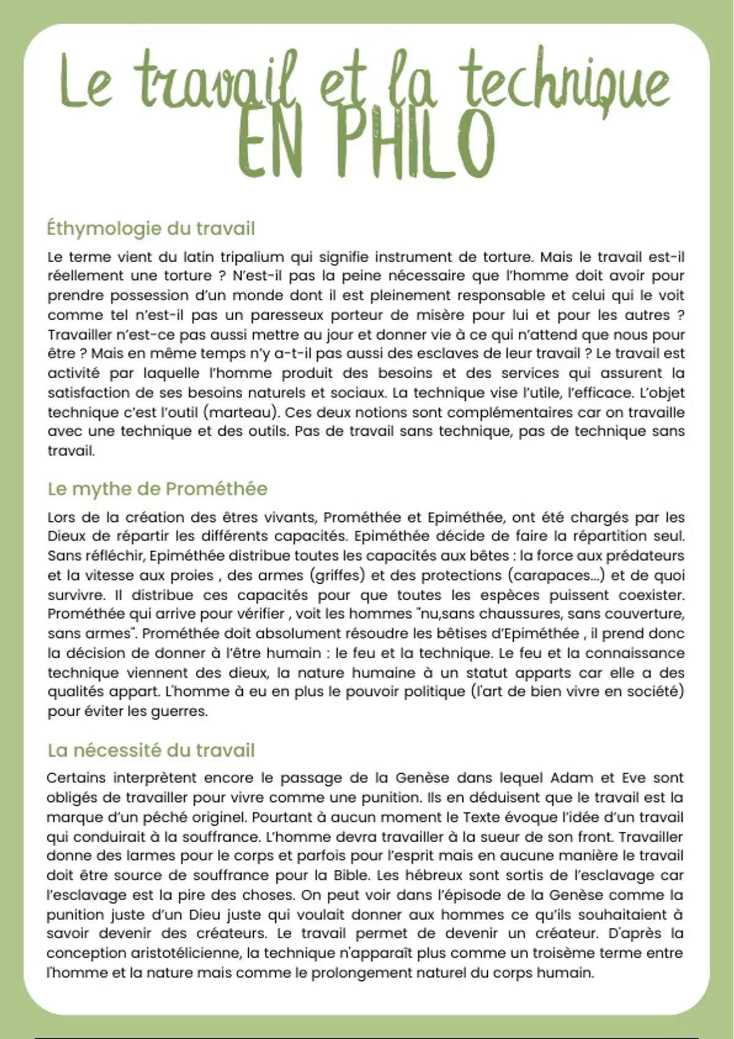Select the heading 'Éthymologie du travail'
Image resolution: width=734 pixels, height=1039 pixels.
150,229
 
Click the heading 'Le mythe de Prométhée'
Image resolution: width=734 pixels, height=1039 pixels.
157,489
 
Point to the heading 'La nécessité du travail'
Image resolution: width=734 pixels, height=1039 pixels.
150,750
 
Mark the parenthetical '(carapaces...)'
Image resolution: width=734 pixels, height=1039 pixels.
557,576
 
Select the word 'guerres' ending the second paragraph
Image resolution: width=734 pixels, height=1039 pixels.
182,712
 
